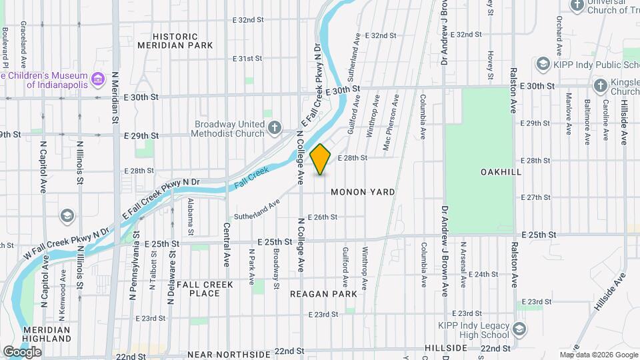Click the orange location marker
click(x=321, y=159)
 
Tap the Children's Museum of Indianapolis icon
click(x=98, y=79)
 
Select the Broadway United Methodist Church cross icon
click(x=275, y=127)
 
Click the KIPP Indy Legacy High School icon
click(x=519, y=328)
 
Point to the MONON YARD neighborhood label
click(x=363, y=192)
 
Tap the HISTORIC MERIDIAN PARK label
click(x=175, y=41)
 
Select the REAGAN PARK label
click(x=323, y=293)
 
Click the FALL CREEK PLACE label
click(x=205, y=289)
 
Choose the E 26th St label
click(x=323, y=217)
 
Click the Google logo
click(x=22, y=352)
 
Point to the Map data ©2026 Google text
click(x=598, y=355)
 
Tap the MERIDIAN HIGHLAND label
click(x=47, y=334)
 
